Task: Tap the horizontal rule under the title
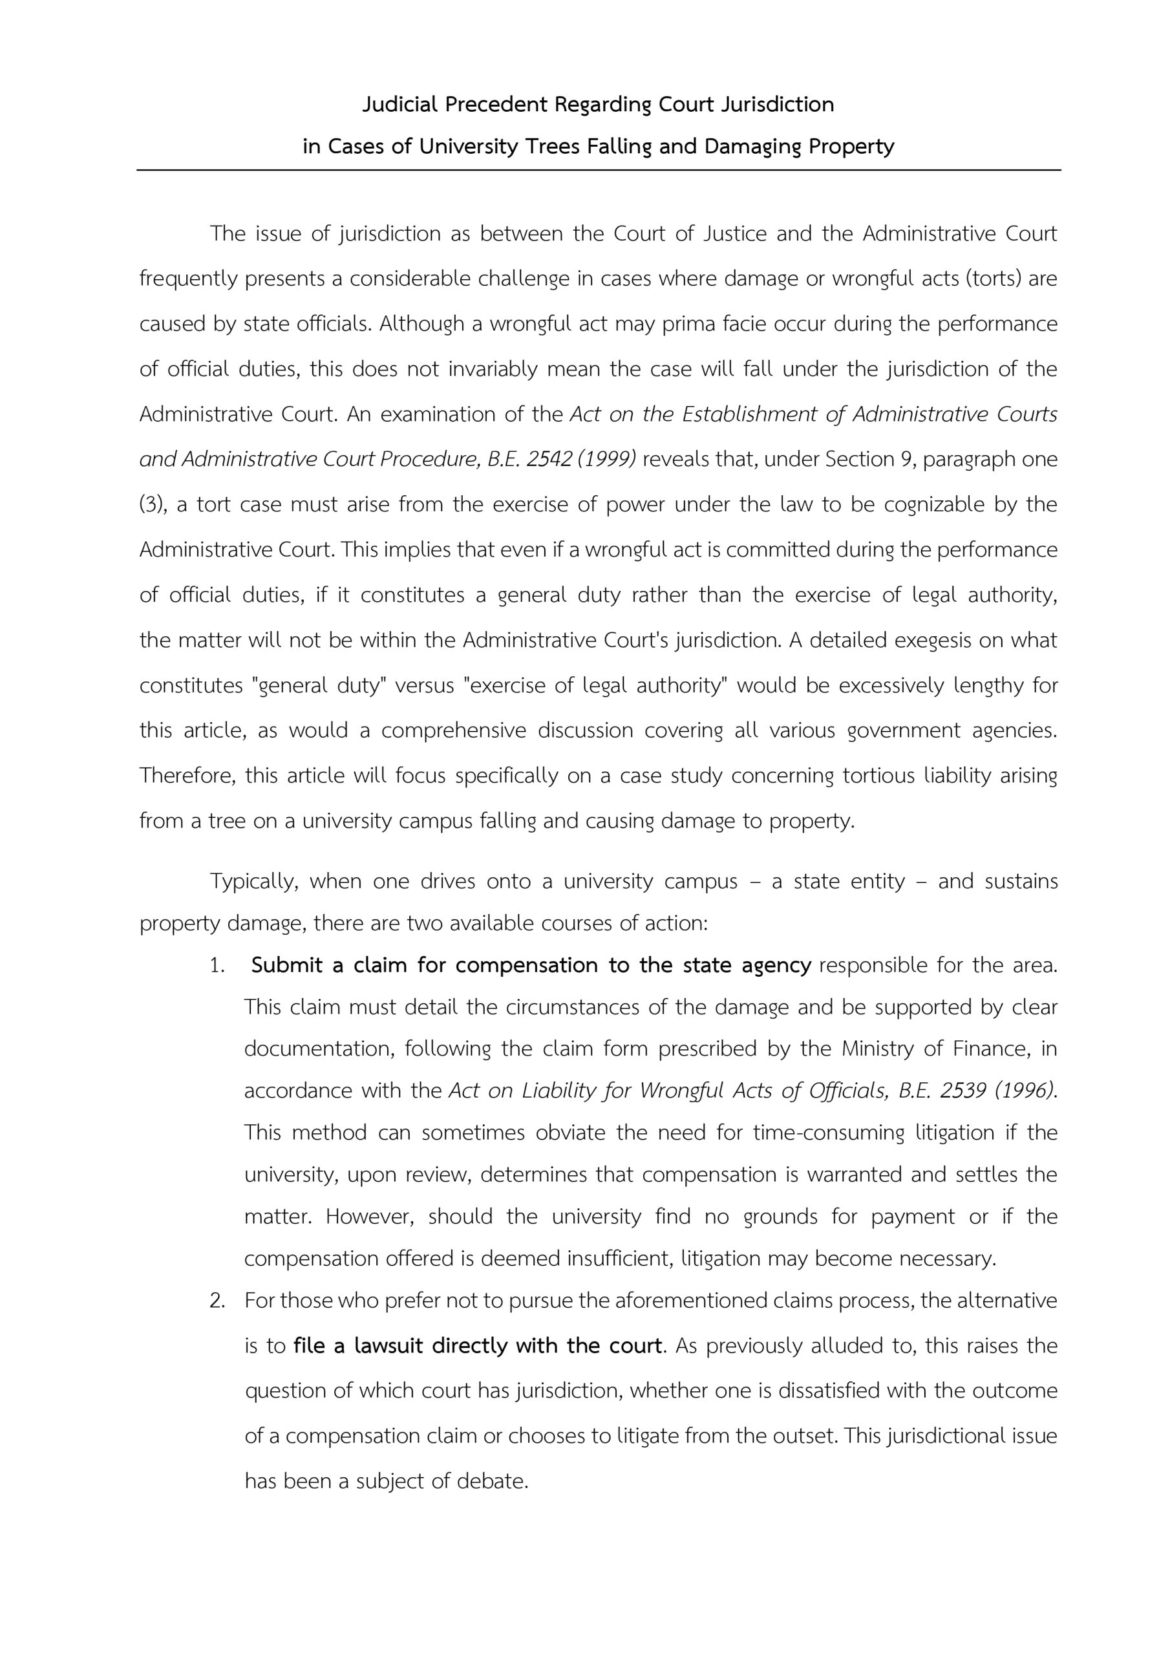click(599, 170)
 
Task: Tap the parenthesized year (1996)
click(1024, 1091)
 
